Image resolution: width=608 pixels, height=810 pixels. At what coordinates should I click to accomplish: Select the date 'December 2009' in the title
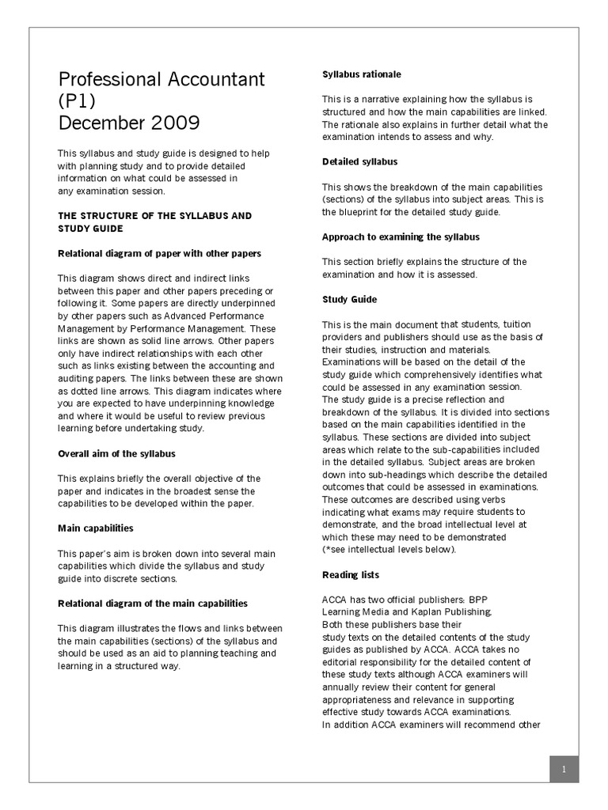(129, 124)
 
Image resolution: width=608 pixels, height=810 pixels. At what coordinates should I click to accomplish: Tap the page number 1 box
(564, 769)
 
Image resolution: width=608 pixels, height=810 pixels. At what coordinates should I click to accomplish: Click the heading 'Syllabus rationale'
(361, 74)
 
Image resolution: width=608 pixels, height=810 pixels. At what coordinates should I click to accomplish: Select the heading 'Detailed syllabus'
(359, 161)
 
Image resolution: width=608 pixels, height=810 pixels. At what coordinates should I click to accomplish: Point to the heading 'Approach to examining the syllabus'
(400, 237)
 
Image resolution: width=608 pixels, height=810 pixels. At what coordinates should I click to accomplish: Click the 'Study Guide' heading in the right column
(349, 299)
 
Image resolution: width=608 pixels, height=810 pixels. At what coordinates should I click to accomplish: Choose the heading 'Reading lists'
(351, 574)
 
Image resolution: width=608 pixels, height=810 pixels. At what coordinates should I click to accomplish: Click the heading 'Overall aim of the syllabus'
(116, 453)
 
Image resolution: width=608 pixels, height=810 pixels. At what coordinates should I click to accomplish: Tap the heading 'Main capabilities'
(95, 528)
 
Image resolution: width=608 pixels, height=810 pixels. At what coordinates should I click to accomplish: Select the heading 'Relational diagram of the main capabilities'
(153, 603)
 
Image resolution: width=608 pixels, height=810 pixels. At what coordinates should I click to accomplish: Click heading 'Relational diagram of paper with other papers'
(159, 253)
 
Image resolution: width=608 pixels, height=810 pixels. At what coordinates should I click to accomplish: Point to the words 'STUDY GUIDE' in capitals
(90, 228)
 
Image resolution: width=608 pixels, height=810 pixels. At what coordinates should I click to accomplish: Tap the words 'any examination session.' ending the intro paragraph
(112, 191)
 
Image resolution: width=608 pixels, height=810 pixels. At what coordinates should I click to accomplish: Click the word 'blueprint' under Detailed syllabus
(357, 211)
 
